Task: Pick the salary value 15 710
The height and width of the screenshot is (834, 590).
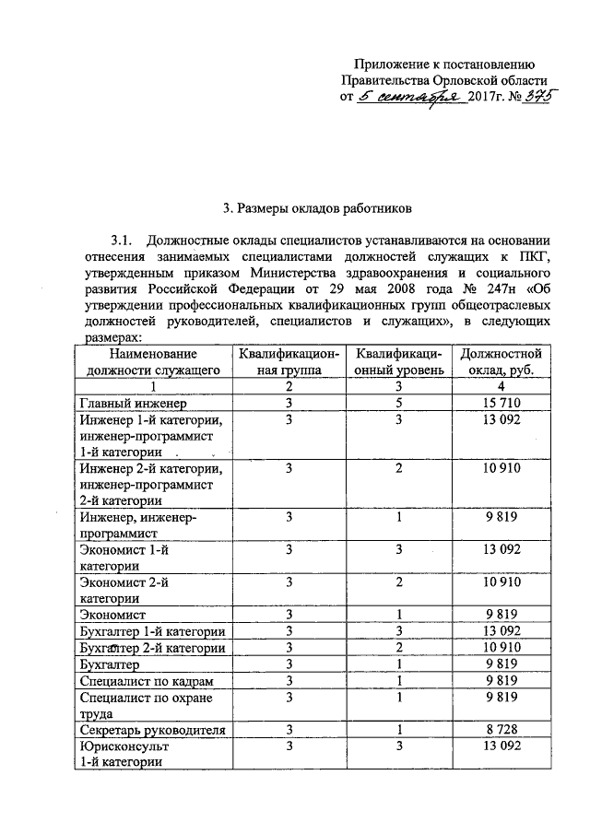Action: [x=502, y=403]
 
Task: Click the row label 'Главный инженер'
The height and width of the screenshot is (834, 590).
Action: [x=133, y=404]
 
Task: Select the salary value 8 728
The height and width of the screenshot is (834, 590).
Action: [x=502, y=729]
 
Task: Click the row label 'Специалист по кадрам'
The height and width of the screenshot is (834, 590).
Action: [x=147, y=680]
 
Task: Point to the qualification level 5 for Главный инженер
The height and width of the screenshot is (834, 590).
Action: [x=399, y=403]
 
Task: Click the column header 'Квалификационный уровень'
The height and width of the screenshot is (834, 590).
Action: [x=399, y=361]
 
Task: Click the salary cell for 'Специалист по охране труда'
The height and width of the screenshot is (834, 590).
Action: [x=502, y=697]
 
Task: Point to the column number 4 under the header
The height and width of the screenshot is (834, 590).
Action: [x=502, y=386]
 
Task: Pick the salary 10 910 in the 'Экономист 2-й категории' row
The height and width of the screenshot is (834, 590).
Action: [x=502, y=582]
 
